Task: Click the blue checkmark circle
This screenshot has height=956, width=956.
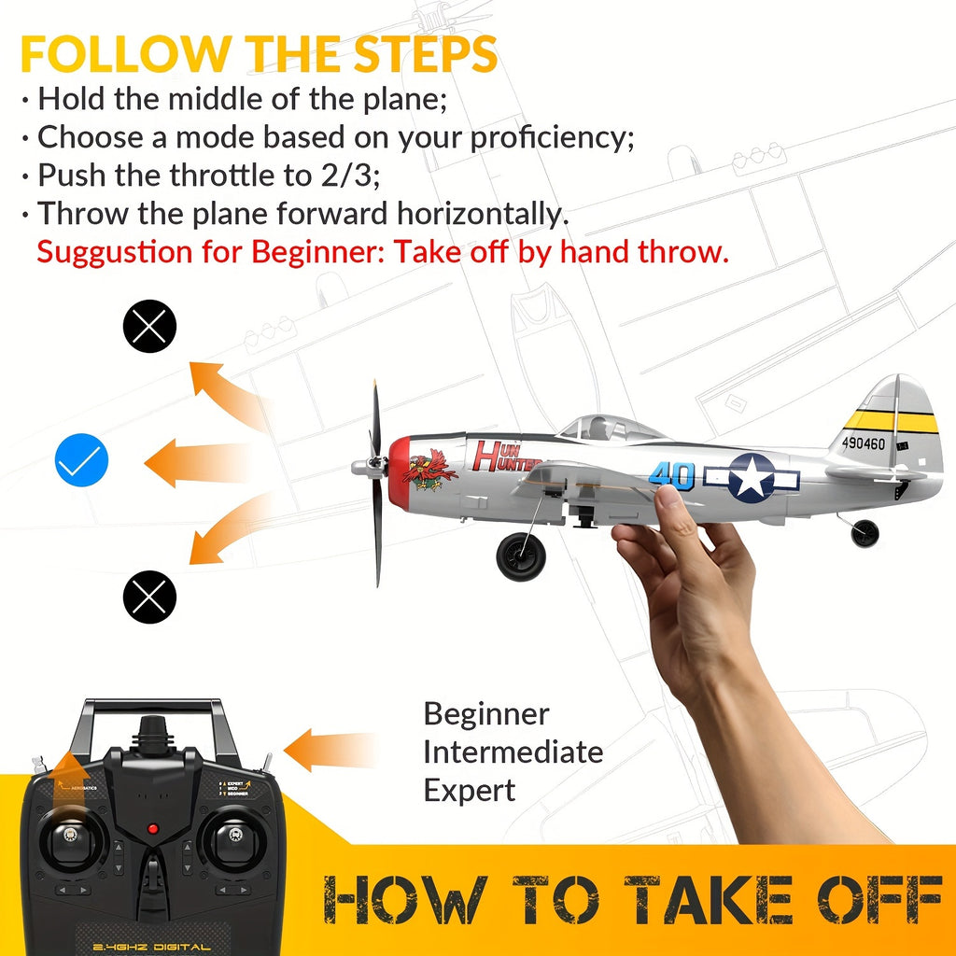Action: tap(82, 460)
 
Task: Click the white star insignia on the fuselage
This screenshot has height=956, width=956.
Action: tap(751, 476)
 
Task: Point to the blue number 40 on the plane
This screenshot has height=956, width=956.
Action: tap(672, 474)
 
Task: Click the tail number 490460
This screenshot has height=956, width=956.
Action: tap(863, 443)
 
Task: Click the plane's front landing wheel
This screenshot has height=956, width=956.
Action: tap(521, 556)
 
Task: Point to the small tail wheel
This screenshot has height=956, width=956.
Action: tap(865, 533)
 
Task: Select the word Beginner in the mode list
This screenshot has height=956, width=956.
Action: tap(485, 714)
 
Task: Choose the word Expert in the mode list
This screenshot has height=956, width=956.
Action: tap(469, 790)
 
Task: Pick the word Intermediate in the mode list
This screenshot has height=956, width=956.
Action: tap(513, 752)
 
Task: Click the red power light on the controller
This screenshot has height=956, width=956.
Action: tap(152, 829)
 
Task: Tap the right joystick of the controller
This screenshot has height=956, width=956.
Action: tap(228, 836)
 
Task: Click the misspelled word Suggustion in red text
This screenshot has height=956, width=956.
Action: tap(118, 251)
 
